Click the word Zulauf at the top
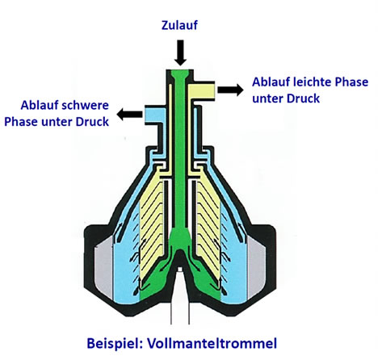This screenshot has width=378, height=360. click(x=179, y=25)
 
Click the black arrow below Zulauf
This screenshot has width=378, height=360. click(x=180, y=52)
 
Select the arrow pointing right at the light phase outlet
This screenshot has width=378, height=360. click(x=230, y=90)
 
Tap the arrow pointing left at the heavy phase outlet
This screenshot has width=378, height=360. click(x=129, y=115)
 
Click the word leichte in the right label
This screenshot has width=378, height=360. click(x=311, y=82)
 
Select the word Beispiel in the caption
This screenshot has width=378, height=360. click(x=115, y=344)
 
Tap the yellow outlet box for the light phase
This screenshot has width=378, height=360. click(x=201, y=91)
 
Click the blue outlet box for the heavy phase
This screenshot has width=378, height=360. click(x=155, y=115)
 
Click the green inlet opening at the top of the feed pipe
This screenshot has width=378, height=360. click(x=180, y=73)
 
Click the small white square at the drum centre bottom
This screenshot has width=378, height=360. click(x=180, y=269)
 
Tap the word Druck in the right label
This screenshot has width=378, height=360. click(x=303, y=98)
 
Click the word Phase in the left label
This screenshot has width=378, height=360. click(x=21, y=122)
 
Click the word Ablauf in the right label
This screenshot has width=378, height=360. click(x=271, y=82)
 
